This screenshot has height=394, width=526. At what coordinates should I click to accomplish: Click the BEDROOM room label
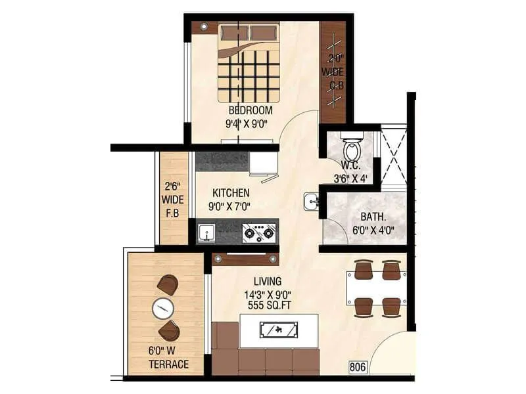point(250,110)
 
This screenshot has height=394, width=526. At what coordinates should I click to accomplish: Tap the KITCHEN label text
point(230,193)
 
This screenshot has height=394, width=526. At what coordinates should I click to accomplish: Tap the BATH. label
point(372,217)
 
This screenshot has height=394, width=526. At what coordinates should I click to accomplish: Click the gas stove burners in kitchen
point(256,232)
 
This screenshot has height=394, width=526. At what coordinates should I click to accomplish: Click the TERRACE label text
point(168,364)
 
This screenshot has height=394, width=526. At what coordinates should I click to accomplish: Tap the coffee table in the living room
point(279,330)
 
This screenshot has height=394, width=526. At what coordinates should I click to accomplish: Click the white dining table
point(373,288)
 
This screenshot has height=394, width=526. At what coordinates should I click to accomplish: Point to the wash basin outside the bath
point(311,202)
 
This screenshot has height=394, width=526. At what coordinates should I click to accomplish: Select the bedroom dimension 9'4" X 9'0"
point(250,122)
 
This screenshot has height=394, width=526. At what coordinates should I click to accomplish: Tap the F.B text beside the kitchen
point(173,213)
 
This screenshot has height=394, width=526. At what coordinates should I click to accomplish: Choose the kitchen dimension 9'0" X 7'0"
point(230,206)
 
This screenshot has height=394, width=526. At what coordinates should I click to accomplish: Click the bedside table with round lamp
point(204,27)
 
